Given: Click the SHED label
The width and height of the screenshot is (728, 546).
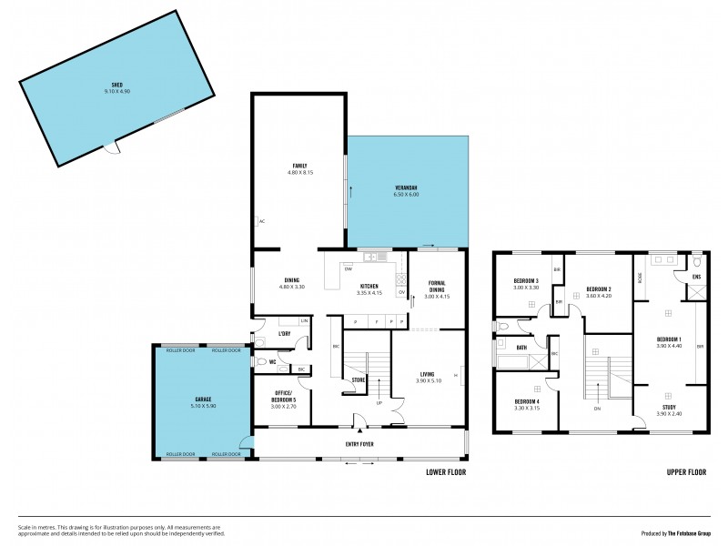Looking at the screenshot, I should tap(116, 86).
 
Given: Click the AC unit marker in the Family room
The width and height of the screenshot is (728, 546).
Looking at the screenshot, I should tap(261, 221).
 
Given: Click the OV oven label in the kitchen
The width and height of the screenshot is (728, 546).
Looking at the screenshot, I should tap(401, 292).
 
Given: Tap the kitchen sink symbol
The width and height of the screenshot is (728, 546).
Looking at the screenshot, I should tap(373, 258).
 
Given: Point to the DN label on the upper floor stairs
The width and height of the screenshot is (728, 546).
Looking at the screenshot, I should tap(596, 409).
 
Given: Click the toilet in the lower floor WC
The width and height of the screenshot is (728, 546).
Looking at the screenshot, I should tap(260, 362).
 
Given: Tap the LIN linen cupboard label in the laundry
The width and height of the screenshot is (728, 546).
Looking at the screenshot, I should tap(305, 321).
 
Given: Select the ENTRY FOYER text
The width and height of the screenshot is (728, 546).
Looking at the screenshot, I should tap(360, 444).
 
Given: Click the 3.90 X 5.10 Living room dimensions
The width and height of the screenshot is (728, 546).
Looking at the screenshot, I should tap(428, 380).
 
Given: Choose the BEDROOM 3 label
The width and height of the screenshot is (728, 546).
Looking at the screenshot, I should tap(526, 280).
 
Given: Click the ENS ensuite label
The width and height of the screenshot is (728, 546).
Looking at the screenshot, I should tap(696, 276).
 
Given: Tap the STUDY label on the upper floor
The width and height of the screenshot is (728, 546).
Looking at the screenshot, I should tap(669, 407).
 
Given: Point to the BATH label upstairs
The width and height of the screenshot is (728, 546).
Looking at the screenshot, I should tap(521, 347).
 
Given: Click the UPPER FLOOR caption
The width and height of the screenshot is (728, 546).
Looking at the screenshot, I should tap(687, 473).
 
